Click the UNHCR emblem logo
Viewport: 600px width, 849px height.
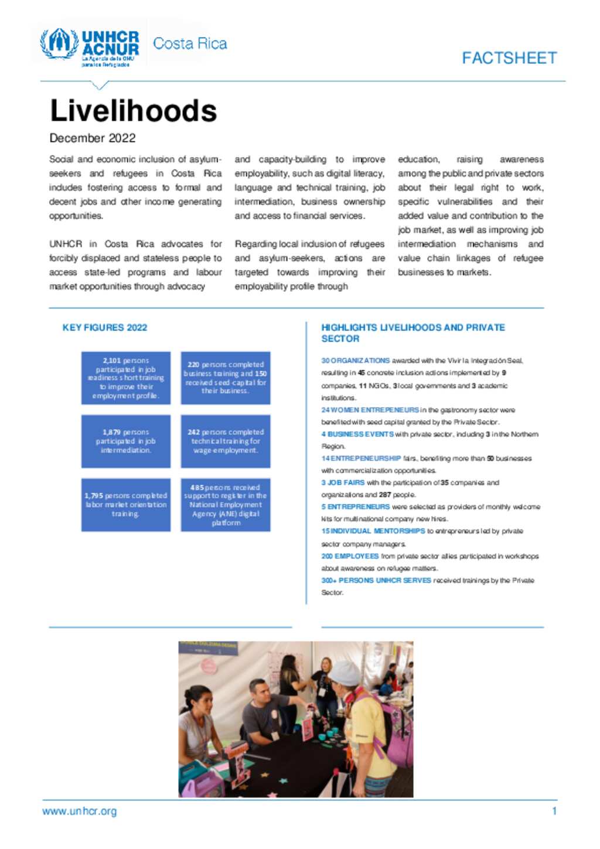[59, 43]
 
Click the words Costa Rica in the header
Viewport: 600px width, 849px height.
[190, 44]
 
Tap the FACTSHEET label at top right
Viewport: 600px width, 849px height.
[509, 58]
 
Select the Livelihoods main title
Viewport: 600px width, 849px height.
[134, 111]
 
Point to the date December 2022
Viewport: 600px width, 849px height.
[93, 138]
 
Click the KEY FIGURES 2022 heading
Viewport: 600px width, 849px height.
[105, 328]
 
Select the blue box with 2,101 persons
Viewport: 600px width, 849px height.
[126, 378]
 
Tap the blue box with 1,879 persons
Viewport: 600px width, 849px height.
[126, 441]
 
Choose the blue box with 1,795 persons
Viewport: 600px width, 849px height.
[126, 504]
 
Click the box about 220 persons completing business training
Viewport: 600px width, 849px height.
[226, 378]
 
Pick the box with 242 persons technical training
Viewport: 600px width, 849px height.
[226, 441]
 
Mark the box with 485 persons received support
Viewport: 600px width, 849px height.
[226, 504]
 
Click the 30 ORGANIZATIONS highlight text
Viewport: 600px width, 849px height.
[356, 361]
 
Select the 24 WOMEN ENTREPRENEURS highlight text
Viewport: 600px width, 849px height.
[370, 410]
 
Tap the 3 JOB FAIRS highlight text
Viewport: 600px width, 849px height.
[343, 483]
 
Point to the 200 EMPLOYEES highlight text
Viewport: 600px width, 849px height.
[350, 556]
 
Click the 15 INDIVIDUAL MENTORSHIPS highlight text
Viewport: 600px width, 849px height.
[373, 531]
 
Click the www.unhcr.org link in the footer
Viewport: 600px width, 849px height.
[80, 812]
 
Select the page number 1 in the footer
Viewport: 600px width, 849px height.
[554, 812]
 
